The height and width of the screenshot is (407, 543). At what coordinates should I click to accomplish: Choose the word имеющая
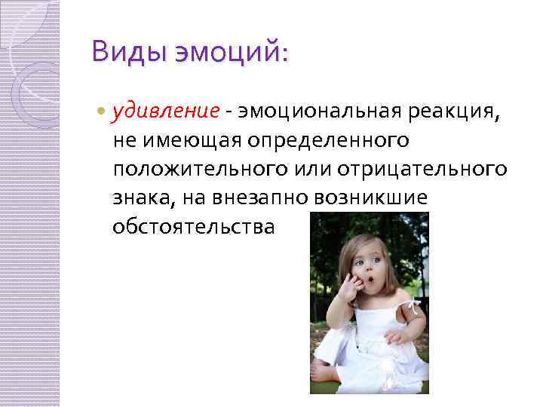(x=179, y=141)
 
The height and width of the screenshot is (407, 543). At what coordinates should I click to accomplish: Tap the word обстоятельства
(x=193, y=227)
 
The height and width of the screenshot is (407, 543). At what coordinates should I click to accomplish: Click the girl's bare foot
(x=324, y=372)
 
